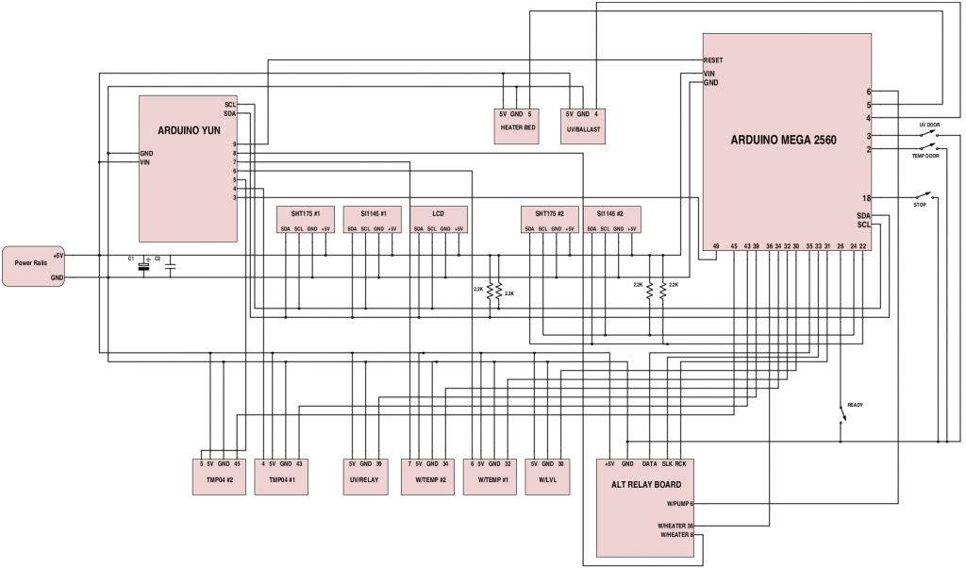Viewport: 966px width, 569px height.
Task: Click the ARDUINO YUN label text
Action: (189, 131)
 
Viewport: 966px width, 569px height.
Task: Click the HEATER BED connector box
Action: (517, 126)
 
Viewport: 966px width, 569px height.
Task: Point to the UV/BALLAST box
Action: (582, 126)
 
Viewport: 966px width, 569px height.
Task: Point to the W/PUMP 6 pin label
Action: (679, 504)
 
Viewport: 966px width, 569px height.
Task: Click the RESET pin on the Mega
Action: (713, 59)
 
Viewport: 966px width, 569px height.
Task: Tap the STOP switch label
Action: (920, 205)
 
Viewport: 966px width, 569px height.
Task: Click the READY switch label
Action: (855, 405)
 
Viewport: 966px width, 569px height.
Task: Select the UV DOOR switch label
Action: (928, 125)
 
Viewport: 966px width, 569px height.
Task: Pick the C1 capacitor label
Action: (131, 258)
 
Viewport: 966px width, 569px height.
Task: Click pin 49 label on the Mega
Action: (716, 245)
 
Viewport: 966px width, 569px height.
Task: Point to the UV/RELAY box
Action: (365, 479)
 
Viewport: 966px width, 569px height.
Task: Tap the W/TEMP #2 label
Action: (429, 479)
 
